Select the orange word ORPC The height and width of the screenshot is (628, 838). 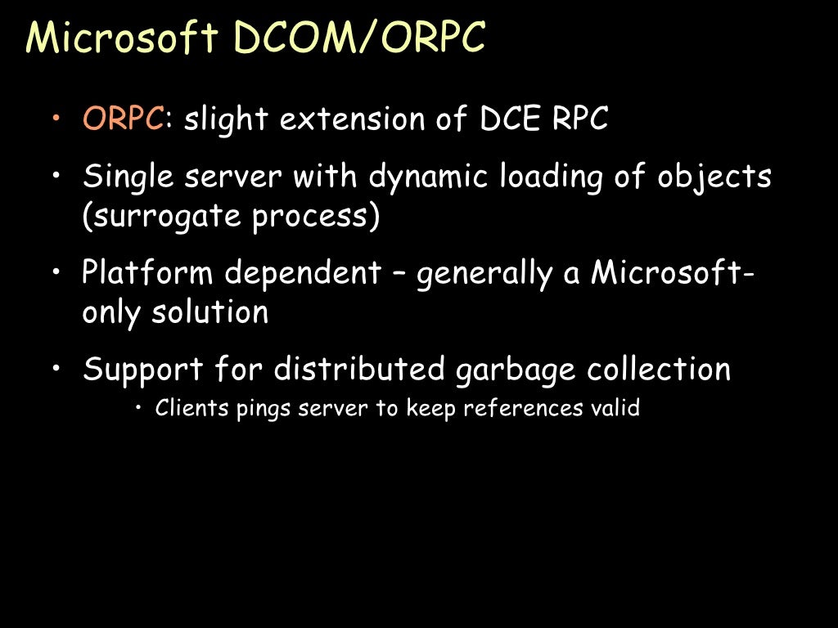coord(124,119)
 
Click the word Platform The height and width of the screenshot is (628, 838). coord(148,272)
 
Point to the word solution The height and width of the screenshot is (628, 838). coord(209,312)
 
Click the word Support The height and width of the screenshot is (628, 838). coord(143,369)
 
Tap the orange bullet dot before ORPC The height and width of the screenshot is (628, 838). coord(56,119)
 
